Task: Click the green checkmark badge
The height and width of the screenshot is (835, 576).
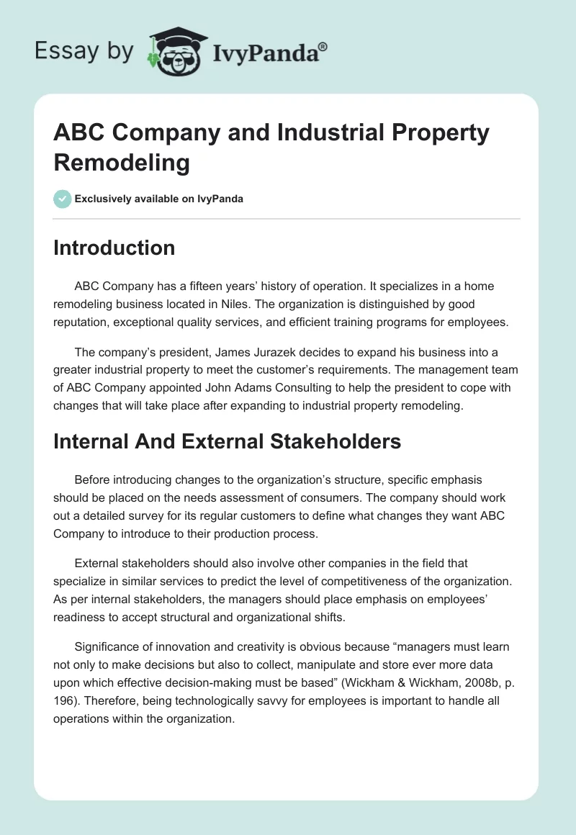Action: pyautogui.click(x=62, y=199)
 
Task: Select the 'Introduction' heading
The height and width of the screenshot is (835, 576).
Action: pyautogui.click(x=114, y=248)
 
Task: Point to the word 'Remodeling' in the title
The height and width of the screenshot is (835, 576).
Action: pyautogui.click(x=122, y=163)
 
